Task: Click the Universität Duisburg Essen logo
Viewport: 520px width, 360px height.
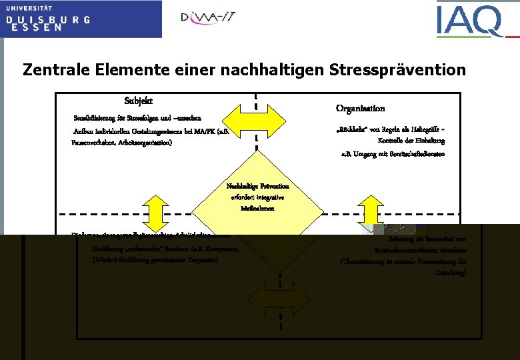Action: [x=80, y=19]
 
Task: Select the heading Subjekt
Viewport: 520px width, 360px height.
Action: [x=139, y=101]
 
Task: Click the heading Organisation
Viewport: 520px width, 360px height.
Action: [x=360, y=108]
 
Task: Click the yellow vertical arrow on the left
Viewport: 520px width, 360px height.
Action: [x=155, y=211]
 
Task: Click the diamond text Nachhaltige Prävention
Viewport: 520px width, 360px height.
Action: [x=257, y=186]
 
